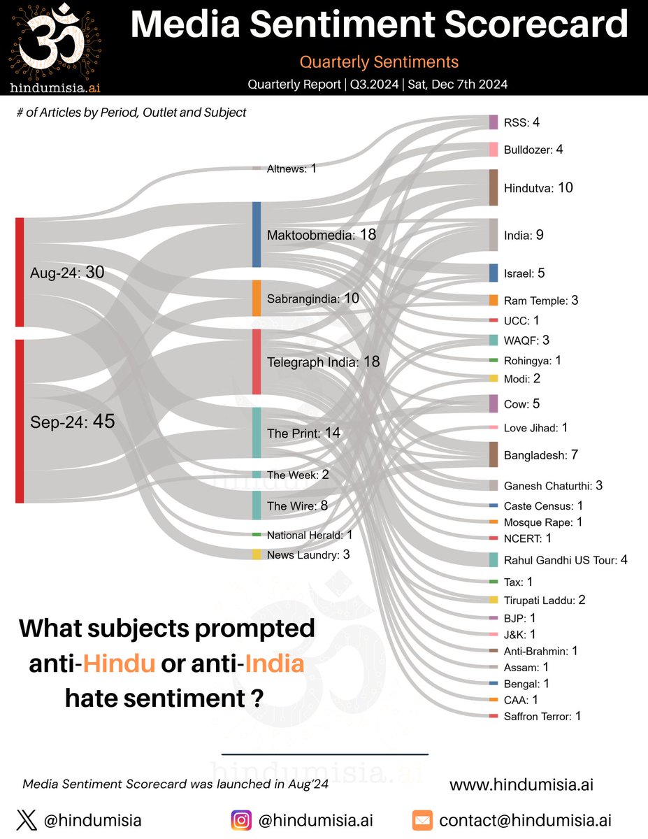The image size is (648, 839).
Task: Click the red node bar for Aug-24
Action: click(20, 272)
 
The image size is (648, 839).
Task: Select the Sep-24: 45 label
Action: click(72, 422)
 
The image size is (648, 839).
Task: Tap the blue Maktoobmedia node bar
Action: click(256, 234)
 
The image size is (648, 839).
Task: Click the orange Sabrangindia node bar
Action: click(256, 299)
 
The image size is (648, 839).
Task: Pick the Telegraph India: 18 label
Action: click(323, 362)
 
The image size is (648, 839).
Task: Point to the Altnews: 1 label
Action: click(291, 168)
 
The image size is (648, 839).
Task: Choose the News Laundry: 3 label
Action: click(308, 555)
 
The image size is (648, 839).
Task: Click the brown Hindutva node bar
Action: click(493, 187)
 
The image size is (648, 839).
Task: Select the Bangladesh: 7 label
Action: click(540, 455)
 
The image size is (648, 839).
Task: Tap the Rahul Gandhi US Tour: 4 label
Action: click(566, 560)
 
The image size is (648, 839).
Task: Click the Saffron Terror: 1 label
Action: click(542, 716)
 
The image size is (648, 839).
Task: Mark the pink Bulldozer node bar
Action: click(493, 150)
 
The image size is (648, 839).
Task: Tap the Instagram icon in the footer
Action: click(241, 820)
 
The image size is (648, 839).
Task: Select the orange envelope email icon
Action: click(422, 820)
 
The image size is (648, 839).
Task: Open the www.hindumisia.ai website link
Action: click(521, 784)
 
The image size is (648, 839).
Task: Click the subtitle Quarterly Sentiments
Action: click(379, 62)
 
